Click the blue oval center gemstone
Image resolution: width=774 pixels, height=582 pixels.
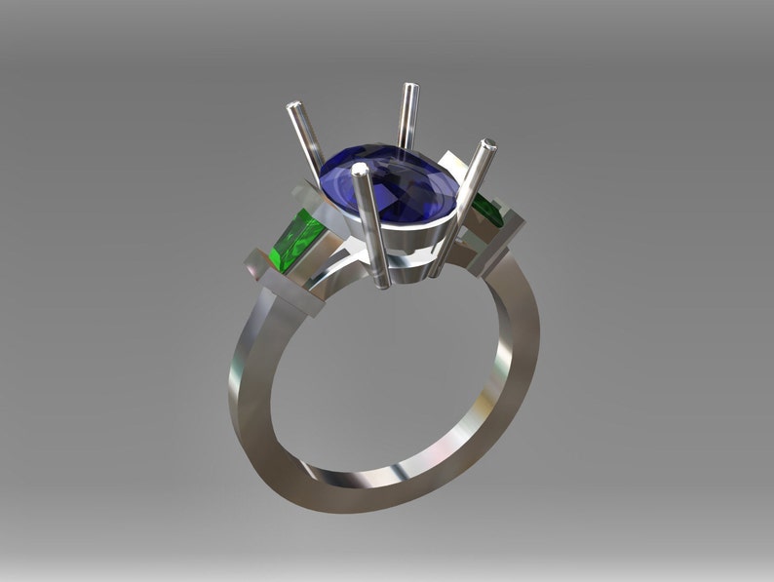[x=390, y=180]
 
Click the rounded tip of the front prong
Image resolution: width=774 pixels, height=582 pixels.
[x=361, y=171]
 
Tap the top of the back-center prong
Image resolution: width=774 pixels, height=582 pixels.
[x=411, y=90]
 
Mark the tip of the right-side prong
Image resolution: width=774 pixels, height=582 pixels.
[x=487, y=146]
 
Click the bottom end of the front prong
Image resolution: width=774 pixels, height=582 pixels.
[x=383, y=284]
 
